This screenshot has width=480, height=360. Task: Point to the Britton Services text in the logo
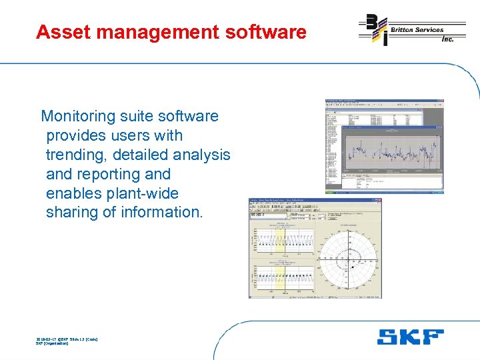coord(417,29)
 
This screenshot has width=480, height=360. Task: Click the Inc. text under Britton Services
coord(447,39)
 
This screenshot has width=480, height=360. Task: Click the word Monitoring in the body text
coord(79,117)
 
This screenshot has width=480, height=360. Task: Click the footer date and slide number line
coord(67,339)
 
